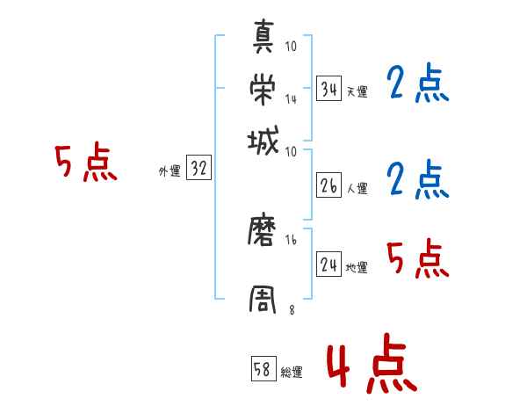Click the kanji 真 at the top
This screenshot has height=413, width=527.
click(266, 39)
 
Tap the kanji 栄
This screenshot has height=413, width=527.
click(266, 88)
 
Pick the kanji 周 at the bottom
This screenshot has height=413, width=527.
click(266, 298)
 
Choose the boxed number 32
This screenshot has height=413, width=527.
click(199, 170)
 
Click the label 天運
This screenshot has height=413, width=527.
click(357, 91)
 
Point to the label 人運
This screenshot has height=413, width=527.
click(357, 188)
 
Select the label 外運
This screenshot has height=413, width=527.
click(170, 172)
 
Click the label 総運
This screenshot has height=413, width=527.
click(292, 373)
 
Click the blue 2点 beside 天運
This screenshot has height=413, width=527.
click(417, 84)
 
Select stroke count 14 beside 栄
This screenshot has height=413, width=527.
click(292, 99)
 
